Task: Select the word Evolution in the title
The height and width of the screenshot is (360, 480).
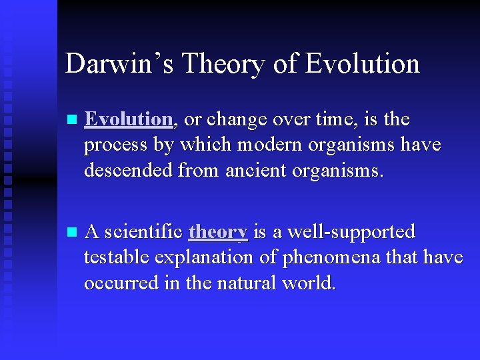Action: point(363,64)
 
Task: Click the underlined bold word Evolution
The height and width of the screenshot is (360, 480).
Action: point(129,119)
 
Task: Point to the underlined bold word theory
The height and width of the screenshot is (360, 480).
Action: point(218,232)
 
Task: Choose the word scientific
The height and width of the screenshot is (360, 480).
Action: point(143,232)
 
